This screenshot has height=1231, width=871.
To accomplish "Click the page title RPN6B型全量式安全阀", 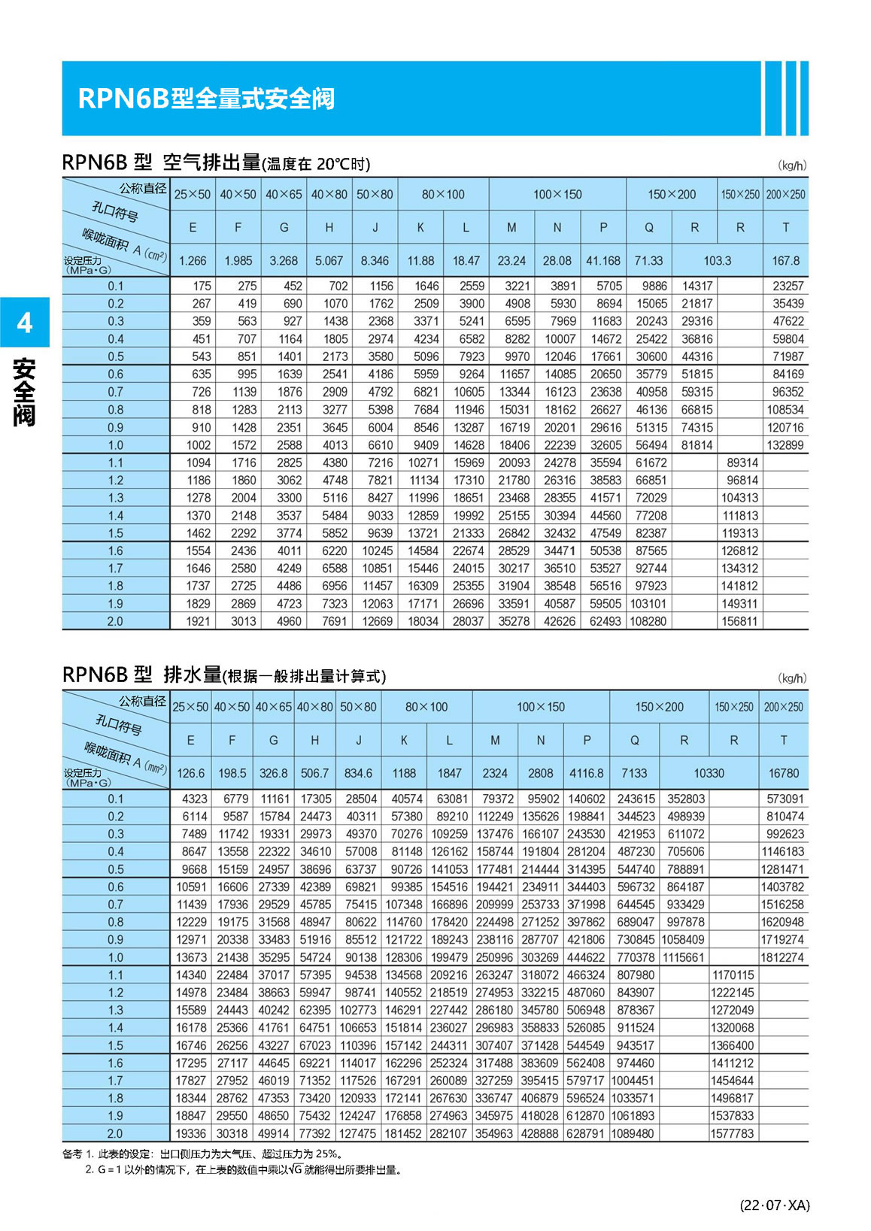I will click(x=206, y=99).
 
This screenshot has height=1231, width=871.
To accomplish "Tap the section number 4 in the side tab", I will click(x=25, y=323).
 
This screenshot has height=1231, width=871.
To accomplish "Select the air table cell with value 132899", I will click(x=785, y=445).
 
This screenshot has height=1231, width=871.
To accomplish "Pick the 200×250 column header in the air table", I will click(x=785, y=195).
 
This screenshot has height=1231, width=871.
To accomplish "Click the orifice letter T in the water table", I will click(x=784, y=741).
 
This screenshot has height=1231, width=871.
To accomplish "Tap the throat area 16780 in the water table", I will click(x=784, y=773).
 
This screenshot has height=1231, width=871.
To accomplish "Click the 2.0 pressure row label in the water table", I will click(x=115, y=1134).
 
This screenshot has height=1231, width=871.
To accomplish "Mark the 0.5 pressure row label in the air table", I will click(x=115, y=356).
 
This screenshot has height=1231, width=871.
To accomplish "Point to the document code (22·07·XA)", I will click(x=775, y=1205).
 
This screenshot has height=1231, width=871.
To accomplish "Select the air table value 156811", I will click(x=740, y=622).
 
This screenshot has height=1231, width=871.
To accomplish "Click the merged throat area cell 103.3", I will click(x=717, y=261).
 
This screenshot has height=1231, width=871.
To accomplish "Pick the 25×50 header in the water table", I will click(x=190, y=708).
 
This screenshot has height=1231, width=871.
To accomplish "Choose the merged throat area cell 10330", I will click(x=709, y=773).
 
